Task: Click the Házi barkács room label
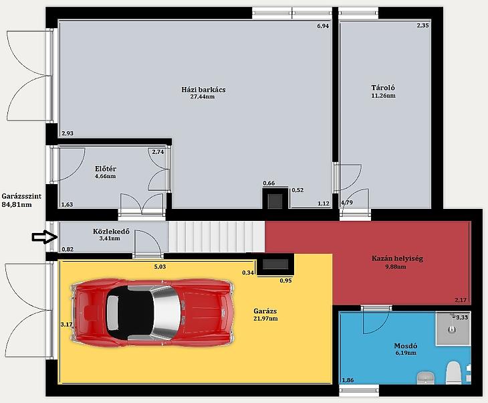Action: pos(203,90)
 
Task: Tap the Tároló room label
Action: pos(383,88)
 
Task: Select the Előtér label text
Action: pos(106,169)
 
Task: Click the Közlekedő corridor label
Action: pos(111,232)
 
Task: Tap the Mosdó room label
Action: pos(406,345)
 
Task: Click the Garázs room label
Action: pos(265,311)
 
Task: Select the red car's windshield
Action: pos(167,313)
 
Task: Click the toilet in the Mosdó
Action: pos(453,373)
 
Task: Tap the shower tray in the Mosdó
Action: pos(453,328)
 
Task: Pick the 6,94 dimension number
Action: pos(323,26)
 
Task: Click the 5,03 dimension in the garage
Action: pos(160,267)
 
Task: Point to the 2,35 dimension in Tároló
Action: pos(422,25)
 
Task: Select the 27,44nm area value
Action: pos(203,96)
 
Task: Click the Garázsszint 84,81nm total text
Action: pos(21,200)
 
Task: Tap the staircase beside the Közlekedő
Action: pos(217,236)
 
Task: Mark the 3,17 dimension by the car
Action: pos(66,325)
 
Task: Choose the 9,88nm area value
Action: pos(395,267)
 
